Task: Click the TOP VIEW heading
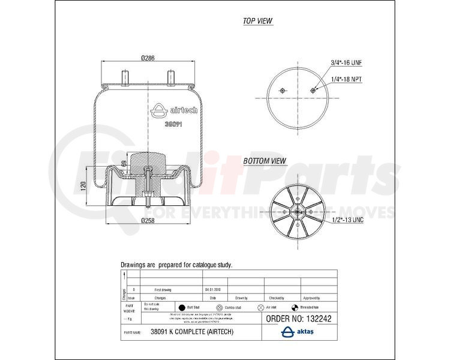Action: click(257, 21)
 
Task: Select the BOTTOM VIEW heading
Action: click(265, 161)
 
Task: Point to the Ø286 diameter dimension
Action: click(148, 58)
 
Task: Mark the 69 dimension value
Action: click(124, 163)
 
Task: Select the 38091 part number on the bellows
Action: click(173, 124)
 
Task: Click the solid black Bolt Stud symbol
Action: click(181, 306)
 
